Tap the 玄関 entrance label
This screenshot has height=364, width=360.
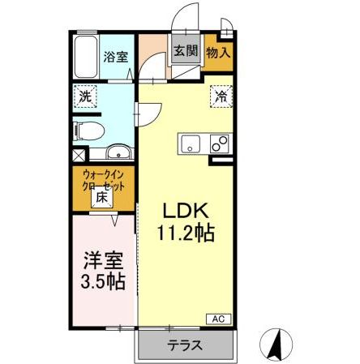pyautogui.click(x=185, y=51)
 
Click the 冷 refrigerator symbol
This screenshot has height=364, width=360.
pyautogui.click(x=221, y=96)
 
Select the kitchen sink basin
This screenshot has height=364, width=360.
pyautogui.click(x=191, y=144)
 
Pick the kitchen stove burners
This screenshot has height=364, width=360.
pyautogui.click(x=218, y=143)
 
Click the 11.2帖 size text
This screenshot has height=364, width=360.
pyautogui.click(x=186, y=234)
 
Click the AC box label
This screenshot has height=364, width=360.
pyautogui.click(x=219, y=318)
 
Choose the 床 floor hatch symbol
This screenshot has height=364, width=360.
pyautogui.click(x=102, y=197)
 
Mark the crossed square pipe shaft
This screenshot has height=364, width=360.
pyautogui.click(x=78, y=154)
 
